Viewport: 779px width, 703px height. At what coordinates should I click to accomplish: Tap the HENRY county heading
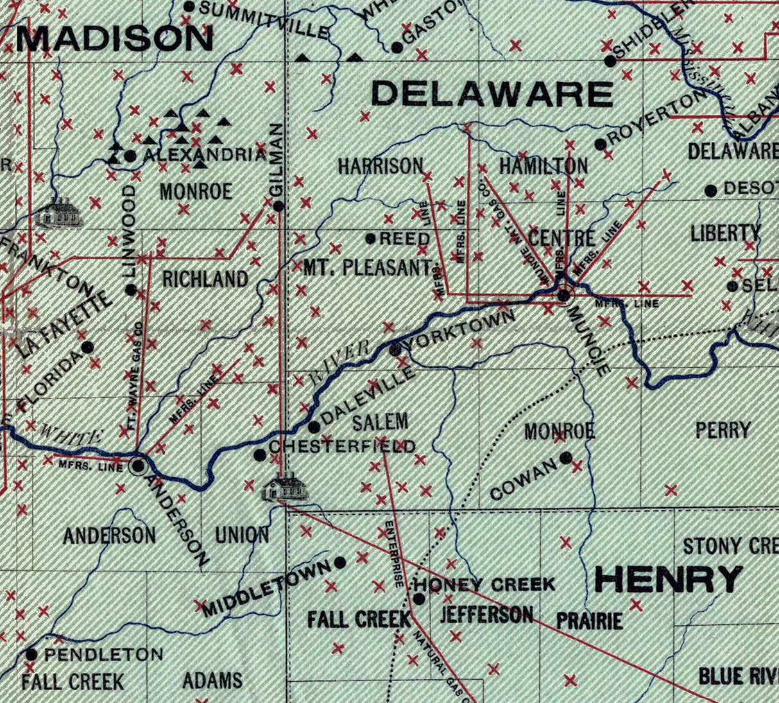pyautogui.click(x=669, y=580)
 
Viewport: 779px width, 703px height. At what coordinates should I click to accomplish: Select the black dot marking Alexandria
pyautogui.click(x=130, y=155)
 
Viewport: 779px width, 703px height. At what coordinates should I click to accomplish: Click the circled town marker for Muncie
pyautogui.click(x=563, y=295)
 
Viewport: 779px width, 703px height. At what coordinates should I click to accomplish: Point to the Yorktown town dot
pyautogui.click(x=396, y=350)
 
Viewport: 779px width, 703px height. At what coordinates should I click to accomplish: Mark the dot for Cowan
pyautogui.click(x=566, y=458)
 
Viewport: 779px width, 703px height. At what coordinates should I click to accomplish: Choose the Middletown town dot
pyautogui.click(x=340, y=562)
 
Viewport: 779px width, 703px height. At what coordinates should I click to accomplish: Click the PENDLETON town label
pyautogui.click(x=105, y=655)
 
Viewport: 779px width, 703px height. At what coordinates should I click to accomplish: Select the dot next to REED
pyautogui.click(x=370, y=239)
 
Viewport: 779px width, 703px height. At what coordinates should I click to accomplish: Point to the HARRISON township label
pyautogui.click(x=381, y=166)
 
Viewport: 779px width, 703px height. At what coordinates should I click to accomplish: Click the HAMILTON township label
pyautogui.click(x=544, y=166)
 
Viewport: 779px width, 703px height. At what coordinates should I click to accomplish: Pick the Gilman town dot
pyautogui.click(x=278, y=206)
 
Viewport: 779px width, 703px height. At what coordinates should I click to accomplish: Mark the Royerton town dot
pyautogui.click(x=601, y=144)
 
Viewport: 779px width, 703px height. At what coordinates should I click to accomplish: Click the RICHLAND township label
pyautogui.click(x=205, y=279)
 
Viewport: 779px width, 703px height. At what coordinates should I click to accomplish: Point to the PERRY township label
pyautogui.click(x=723, y=430)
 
